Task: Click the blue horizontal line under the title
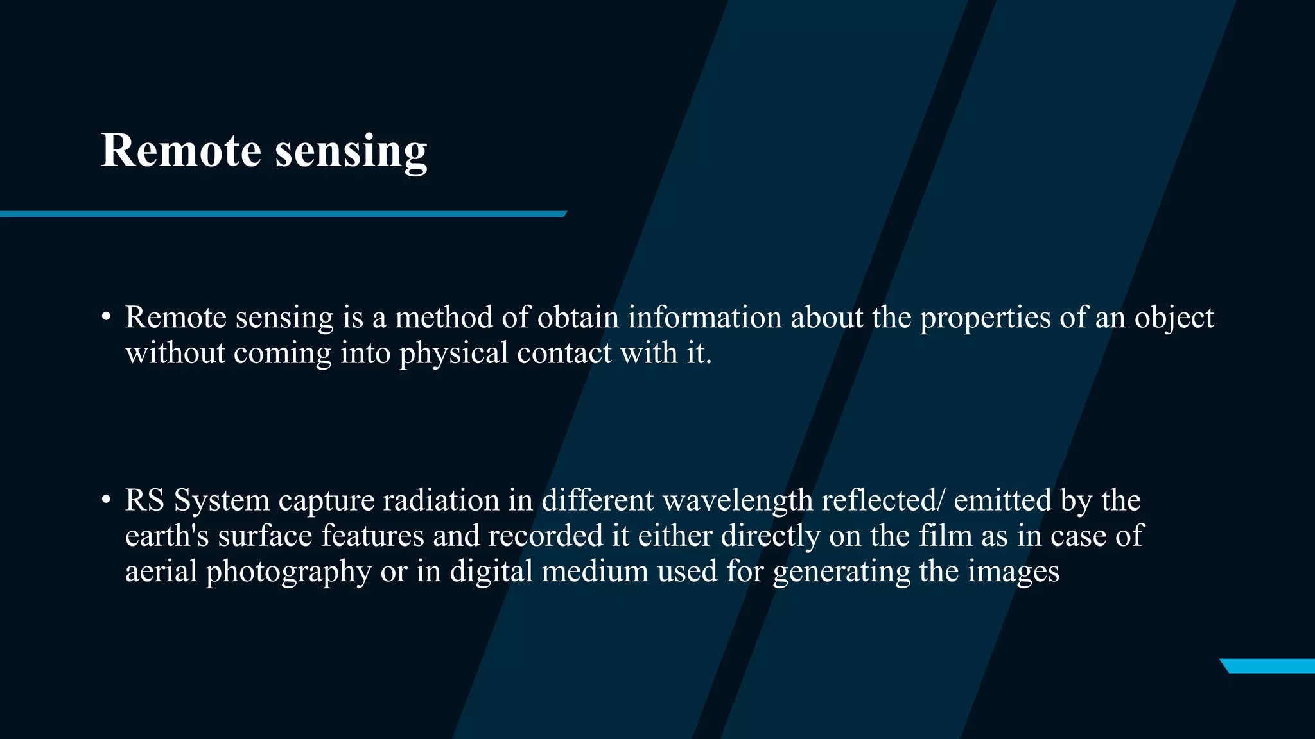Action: click(283, 214)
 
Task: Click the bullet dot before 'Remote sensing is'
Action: click(107, 318)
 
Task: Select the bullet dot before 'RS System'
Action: click(107, 500)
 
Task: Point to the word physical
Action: click(453, 353)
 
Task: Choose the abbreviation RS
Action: click(144, 500)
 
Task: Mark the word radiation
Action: click(441, 500)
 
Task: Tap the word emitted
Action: click(1002, 500)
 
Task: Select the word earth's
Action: click(167, 536)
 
